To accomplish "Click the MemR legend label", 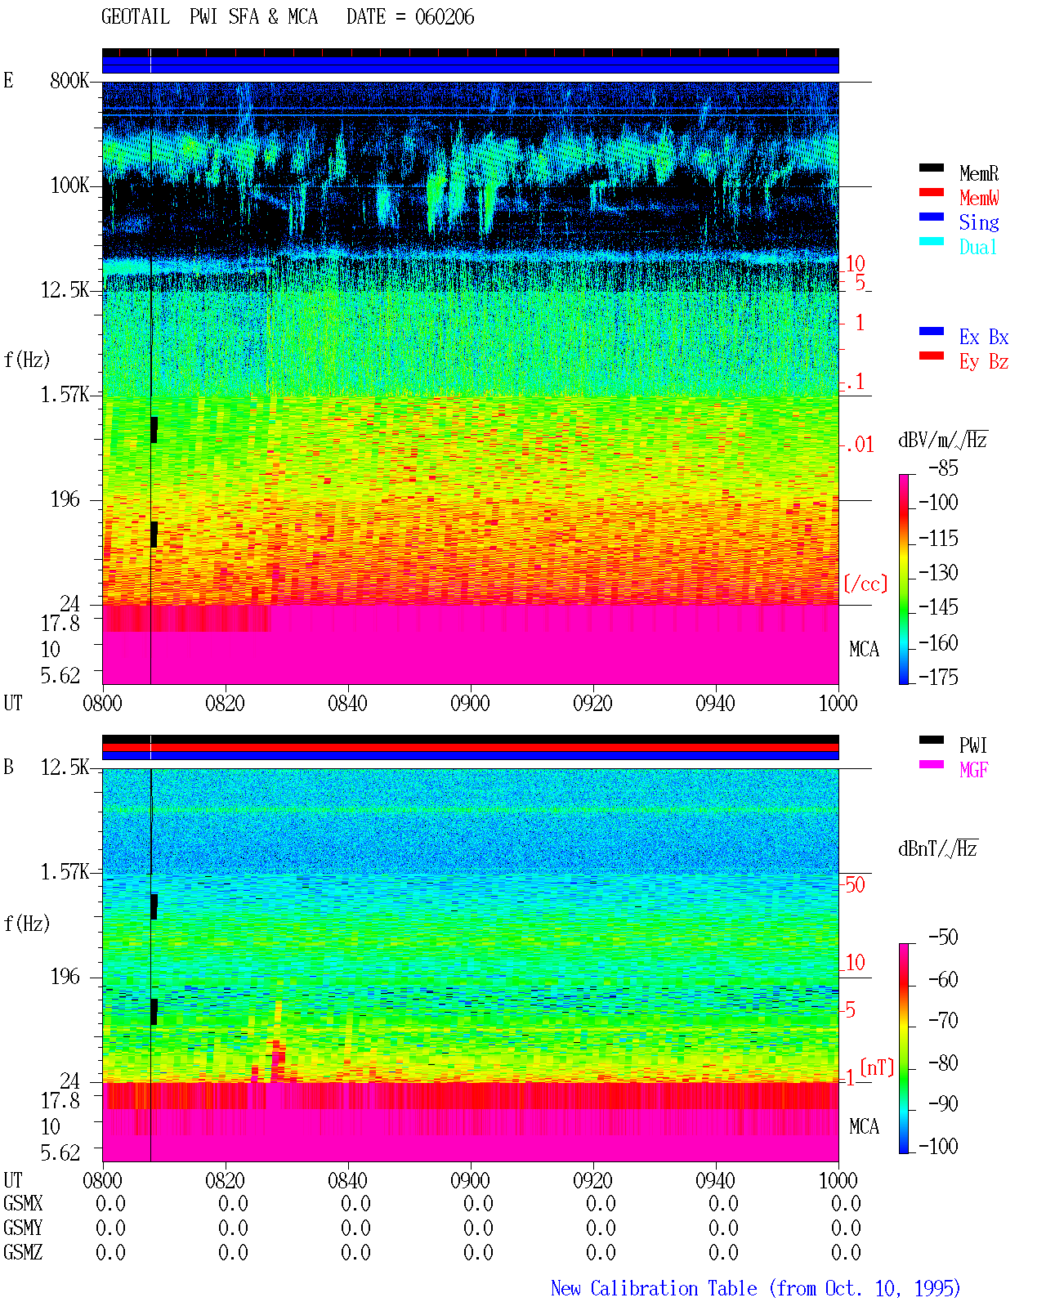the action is [x=978, y=173].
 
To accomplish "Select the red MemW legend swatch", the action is [x=931, y=192].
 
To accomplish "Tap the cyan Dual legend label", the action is [x=977, y=247].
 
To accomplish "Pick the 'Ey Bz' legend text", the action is [x=983, y=362].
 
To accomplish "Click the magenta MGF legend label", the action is [x=973, y=770].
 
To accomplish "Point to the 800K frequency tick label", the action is [x=69, y=80].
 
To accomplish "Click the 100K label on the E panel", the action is [x=69, y=186].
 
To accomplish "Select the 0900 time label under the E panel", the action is [x=470, y=703].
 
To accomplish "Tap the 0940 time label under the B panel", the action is [x=715, y=1179].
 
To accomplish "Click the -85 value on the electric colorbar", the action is [x=943, y=468].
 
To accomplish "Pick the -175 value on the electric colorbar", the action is [x=938, y=677].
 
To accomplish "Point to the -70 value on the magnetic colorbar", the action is [x=943, y=1020].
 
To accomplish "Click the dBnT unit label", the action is [x=937, y=849].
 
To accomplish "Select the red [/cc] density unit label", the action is [x=865, y=584].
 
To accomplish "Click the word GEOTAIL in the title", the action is [x=136, y=17].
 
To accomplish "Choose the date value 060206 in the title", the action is [x=445, y=17].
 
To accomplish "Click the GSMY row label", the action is [x=23, y=1228].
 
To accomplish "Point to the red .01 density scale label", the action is [x=860, y=445].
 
